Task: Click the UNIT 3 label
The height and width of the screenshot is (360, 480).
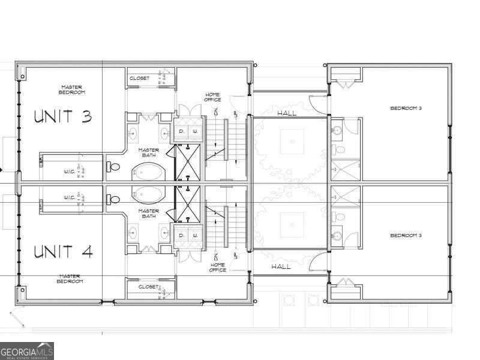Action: [62, 116]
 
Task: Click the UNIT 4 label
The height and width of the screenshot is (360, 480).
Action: [62, 251]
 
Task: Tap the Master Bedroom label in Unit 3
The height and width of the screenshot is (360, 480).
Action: [72, 89]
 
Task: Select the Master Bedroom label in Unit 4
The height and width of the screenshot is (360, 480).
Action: [70, 278]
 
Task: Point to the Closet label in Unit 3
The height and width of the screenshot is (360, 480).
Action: [140, 78]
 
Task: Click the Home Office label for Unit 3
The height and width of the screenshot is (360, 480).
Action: [213, 97]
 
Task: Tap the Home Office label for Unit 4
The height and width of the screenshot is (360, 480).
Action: [218, 267]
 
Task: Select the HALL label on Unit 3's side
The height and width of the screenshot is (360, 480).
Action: [287, 113]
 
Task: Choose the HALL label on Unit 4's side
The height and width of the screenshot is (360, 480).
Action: [281, 266]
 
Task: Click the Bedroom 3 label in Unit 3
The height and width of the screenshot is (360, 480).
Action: [406, 108]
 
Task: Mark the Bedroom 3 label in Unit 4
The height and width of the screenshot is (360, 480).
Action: [406, 235]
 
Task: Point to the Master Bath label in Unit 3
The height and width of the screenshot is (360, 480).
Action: [148, 152]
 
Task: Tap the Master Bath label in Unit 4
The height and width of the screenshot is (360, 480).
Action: [148, 213]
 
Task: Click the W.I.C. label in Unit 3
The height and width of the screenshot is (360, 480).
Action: [69, 171]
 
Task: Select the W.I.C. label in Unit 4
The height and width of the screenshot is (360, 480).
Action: [70, 197]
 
